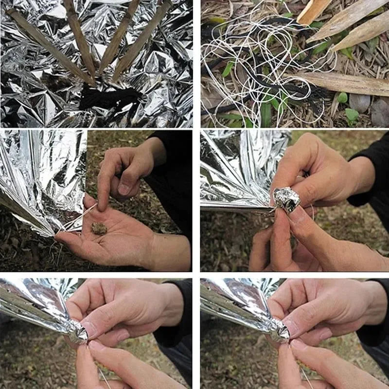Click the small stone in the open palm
click(x=99, y=229)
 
